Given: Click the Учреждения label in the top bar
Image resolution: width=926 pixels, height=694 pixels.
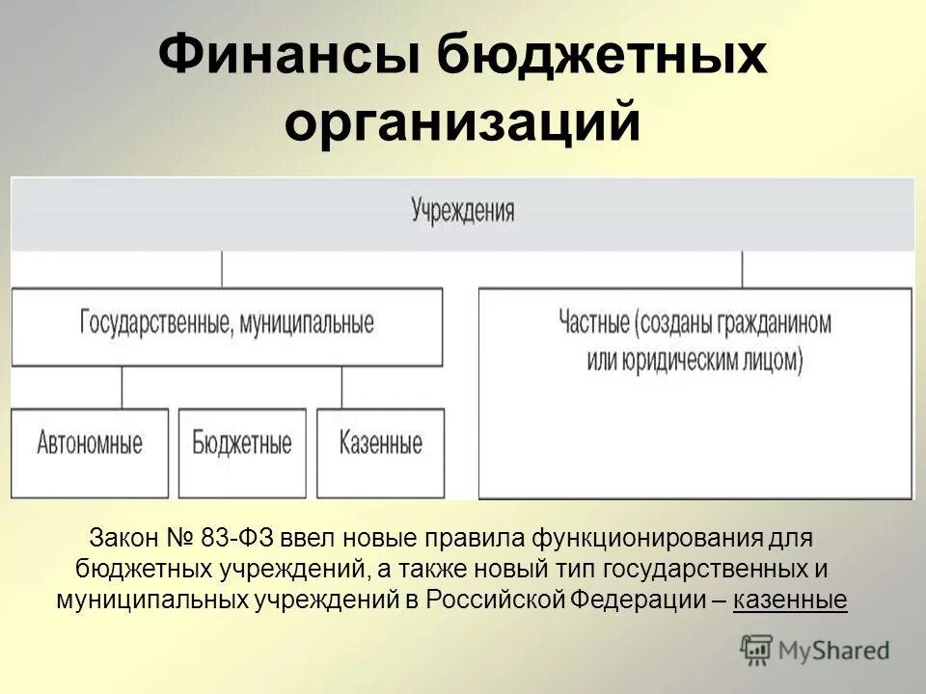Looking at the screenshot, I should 463,211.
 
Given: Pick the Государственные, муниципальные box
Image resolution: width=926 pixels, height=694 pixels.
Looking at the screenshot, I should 227,323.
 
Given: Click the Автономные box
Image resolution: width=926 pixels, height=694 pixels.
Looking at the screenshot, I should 90,444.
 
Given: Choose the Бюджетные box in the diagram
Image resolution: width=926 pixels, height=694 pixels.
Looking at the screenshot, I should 242,444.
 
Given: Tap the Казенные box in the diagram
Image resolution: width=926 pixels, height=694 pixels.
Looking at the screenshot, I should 381,444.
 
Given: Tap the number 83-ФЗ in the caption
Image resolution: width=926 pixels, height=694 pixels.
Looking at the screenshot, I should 233,536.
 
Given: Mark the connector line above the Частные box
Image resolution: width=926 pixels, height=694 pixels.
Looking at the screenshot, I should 742,270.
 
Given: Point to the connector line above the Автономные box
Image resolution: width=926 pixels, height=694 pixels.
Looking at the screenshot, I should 122,387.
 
